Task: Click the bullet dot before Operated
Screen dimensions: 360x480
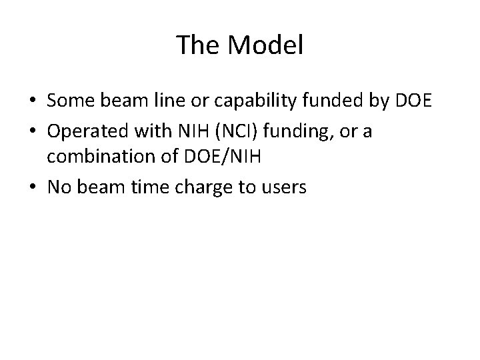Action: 33,133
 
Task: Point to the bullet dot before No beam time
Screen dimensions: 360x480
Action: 33,189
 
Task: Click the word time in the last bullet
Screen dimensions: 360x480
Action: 154,189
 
